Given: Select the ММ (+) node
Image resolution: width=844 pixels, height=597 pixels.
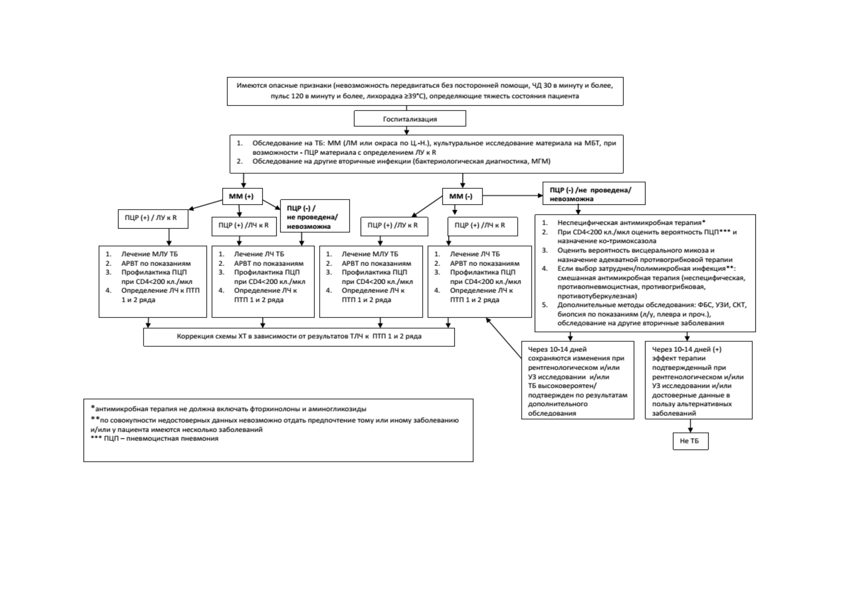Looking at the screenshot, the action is click(x=243, y=196).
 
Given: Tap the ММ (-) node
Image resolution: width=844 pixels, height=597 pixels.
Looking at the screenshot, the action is click(x=462, y=196).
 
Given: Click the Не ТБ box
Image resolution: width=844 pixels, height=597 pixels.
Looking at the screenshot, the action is click(x=690, y=441).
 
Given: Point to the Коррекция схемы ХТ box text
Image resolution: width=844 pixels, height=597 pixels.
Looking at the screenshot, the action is click(x=299, y=336).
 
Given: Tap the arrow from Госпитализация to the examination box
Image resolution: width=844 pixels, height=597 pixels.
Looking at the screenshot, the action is click(x=406, y=130).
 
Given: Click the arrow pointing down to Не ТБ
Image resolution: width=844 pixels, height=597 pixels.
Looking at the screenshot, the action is click(x=690, y=426).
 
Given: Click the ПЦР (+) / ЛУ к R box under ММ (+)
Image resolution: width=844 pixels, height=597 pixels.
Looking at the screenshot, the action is click(x=153, y=219).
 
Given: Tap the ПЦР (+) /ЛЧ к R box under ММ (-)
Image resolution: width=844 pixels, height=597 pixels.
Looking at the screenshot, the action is click(x=482, y=226).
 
